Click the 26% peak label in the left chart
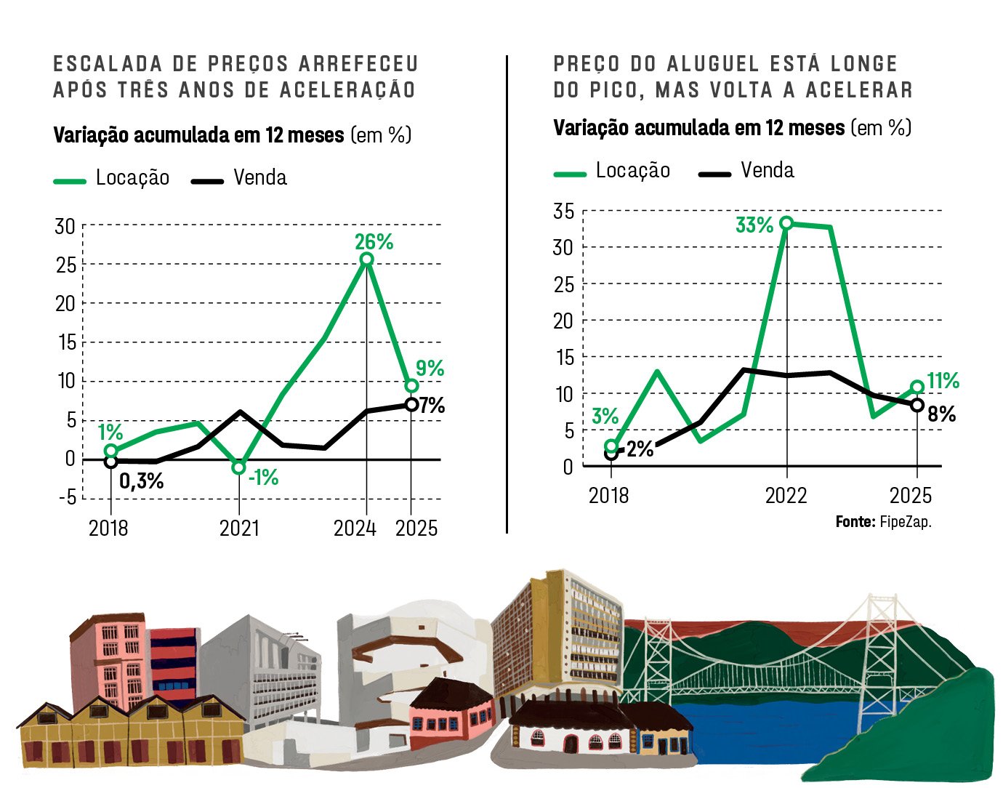374,241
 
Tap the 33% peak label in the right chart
754,225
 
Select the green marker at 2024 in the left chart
366,260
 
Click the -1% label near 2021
263,478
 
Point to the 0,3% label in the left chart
141,481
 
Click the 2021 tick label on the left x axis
239,528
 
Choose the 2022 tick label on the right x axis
786,496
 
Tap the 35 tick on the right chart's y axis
563,212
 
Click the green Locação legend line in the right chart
570,174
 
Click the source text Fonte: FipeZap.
883,522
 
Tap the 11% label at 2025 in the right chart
943,380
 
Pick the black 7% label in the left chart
432,406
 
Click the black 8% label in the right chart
941,414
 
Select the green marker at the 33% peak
786,223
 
